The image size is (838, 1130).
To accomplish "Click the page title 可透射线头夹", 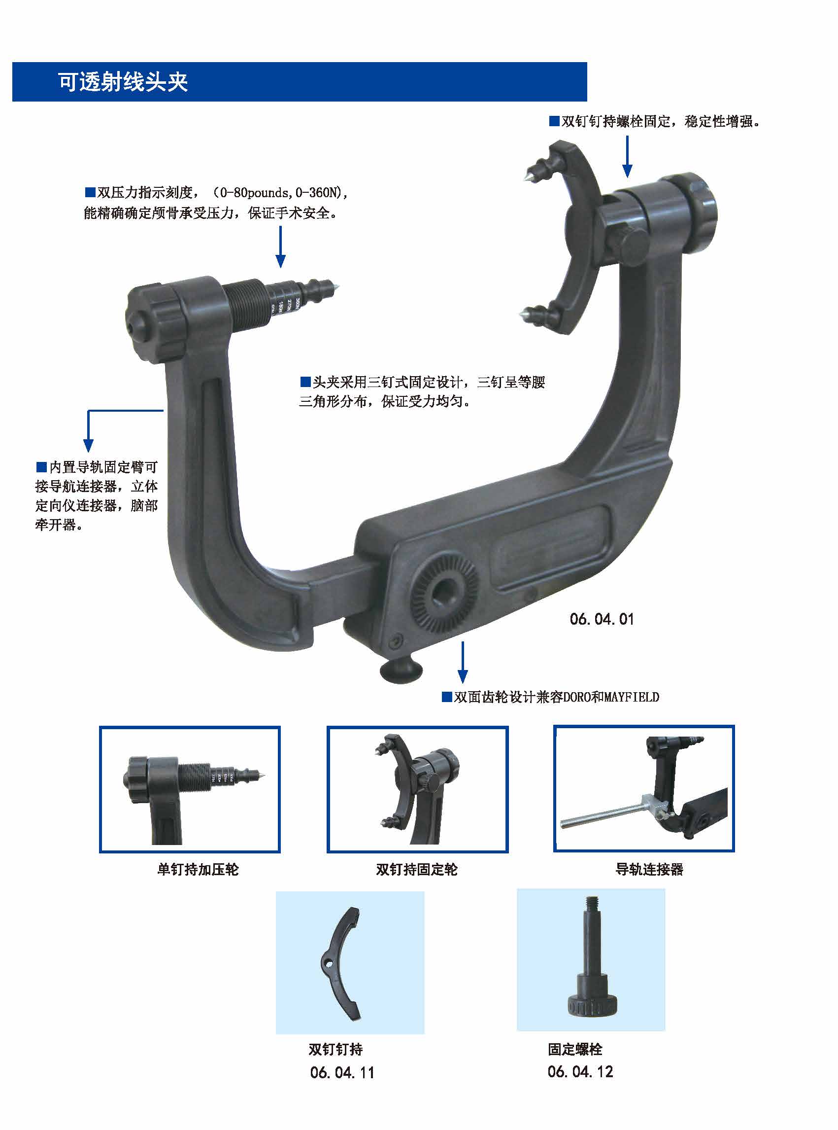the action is pos(123,82).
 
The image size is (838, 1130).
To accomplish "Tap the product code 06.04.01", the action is pos(602,619).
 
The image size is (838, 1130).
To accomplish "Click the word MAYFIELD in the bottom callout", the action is pos(632,697).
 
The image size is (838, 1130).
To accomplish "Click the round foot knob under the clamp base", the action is pos(401,670).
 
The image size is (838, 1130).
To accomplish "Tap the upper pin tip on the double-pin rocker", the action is pos(523,176).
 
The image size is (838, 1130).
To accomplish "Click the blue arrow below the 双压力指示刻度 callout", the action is pos(280,247).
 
